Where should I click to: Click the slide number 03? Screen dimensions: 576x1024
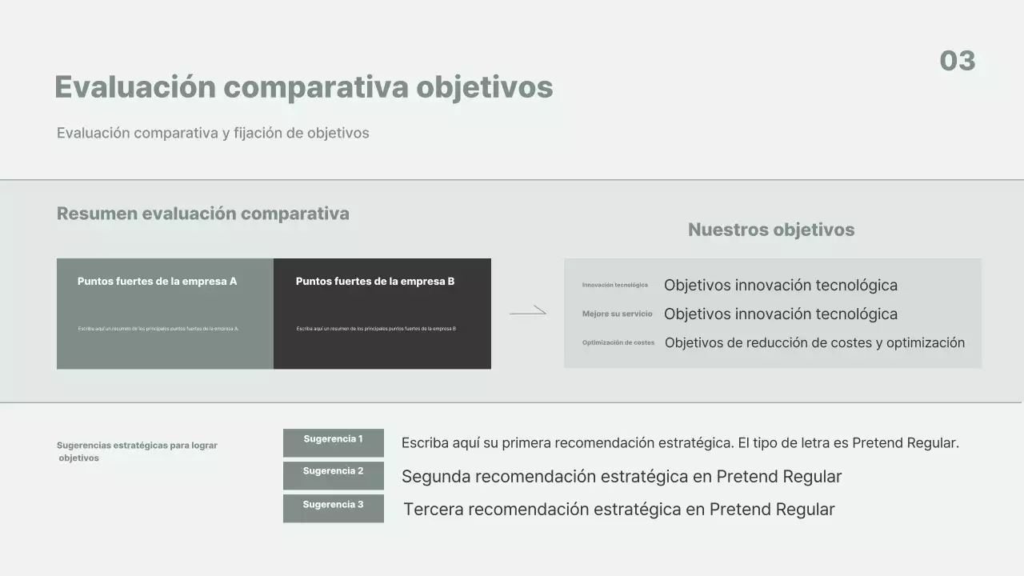(x=957, y=61)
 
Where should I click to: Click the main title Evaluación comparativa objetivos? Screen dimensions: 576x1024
(x=303, y=87)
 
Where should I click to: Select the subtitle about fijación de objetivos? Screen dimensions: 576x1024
(x=213, y=133)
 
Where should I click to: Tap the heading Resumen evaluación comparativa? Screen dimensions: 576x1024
(x=202, y=214)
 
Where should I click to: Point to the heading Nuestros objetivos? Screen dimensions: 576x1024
(x=771, y=230)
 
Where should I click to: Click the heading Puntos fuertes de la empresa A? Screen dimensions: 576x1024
(x=157, y=282)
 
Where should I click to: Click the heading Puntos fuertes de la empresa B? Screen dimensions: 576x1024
(x=375, y=282)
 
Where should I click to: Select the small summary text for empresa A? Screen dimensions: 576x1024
(x=158, y=329)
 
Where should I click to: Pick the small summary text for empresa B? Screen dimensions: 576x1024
(x=376, y=329)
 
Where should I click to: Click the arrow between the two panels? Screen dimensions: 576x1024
(x=528, y=312)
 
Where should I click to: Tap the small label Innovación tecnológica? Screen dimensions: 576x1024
(x=615, y=286)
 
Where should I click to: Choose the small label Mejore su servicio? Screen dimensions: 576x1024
(x=617, y=314)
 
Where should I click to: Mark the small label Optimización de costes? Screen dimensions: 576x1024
(x=618, y=343)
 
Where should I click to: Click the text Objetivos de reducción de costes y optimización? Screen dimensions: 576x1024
(x=814, y=343)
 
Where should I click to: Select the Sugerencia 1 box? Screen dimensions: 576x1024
(x=333, y=442)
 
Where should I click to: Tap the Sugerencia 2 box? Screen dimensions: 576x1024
(x=333, y=475)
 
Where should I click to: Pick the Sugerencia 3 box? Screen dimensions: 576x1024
(x=333, y=508)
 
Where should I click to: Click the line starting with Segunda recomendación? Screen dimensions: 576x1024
(x=622, y=477)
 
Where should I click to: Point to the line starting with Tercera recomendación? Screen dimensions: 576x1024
(x=618, y=510)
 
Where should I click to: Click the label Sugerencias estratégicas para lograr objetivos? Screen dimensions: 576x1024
(x=137, y=452)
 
